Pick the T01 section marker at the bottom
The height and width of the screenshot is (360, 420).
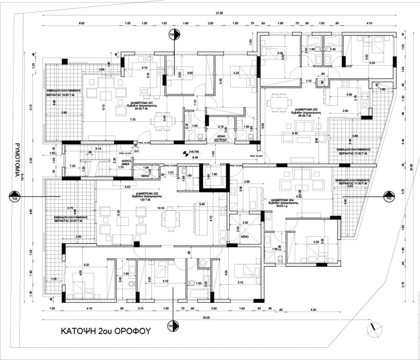[x=173, y=326]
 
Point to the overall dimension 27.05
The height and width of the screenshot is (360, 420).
[x=225, y=14]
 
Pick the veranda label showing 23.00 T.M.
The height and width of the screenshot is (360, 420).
[x=71, y=218]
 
